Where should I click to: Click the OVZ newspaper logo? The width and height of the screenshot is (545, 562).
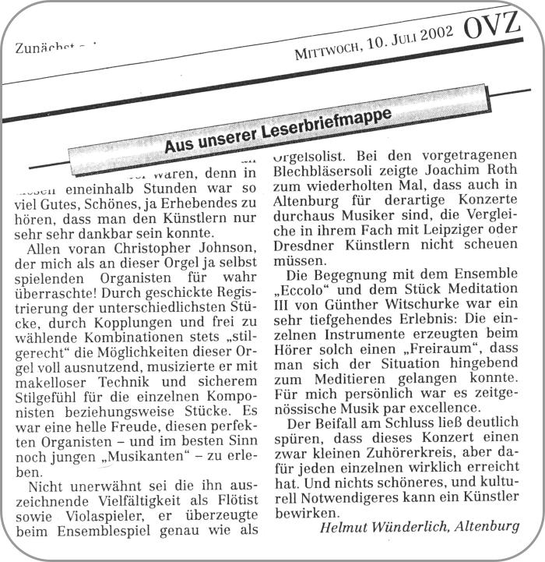[492, 29]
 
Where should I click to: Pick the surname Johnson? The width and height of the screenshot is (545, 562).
[213, 249]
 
